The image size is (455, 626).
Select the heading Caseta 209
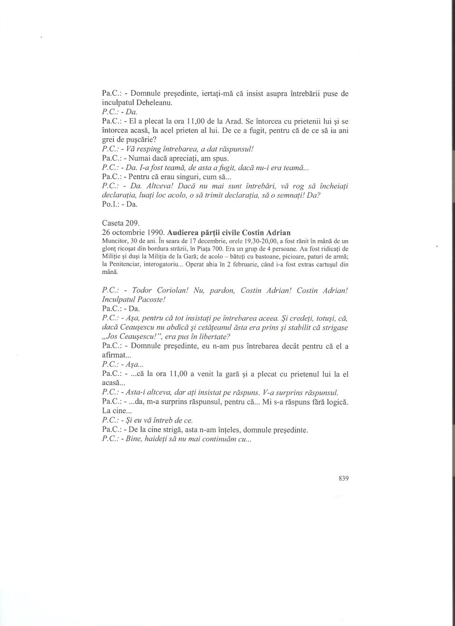tap(119, 223)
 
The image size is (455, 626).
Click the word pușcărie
tap(137, 140)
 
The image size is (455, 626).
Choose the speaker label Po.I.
tap(111, 204)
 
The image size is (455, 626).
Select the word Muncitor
tap(115, 241)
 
